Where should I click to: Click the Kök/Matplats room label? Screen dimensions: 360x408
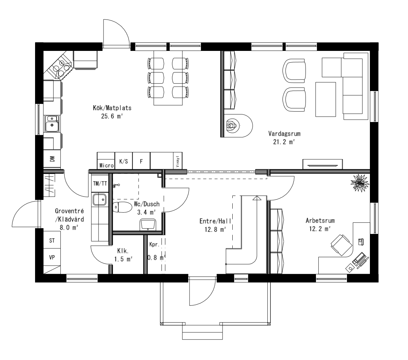tap(107, 108)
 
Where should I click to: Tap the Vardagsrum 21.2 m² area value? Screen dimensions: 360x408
tap(284, 142)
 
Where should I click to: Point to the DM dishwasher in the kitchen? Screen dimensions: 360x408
tap(52, 158)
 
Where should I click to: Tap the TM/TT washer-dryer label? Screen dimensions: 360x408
tap(100, 183)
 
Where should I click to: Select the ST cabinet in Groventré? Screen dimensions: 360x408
tap(52, 241)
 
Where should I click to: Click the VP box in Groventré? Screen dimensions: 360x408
tap(52, 258)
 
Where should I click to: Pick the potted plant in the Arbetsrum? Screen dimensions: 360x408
tap(359, 183)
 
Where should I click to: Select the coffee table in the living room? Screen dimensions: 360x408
tap(326, 99)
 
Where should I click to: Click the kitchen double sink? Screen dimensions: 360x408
tap(52, 123)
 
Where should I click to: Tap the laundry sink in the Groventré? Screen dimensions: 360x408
tap(99, 200)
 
